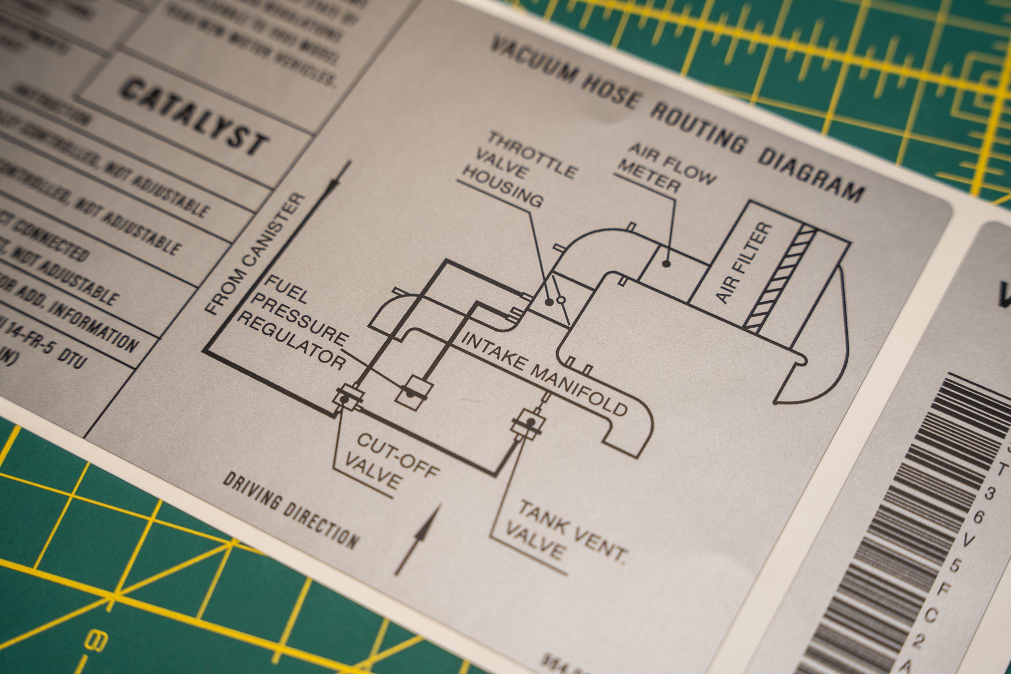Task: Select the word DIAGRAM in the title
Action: tap(811, 175)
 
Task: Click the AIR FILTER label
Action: tap(744, 263)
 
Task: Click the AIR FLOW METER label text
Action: tap(665, 167)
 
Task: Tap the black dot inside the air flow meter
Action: tap(666, 263)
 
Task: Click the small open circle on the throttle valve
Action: tap(561, 300)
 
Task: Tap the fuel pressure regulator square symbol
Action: tap(414, 392)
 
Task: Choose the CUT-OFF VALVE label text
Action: tap(390, 460)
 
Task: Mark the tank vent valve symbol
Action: tap(529, 423)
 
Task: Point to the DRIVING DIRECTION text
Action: tap(291, 510)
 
